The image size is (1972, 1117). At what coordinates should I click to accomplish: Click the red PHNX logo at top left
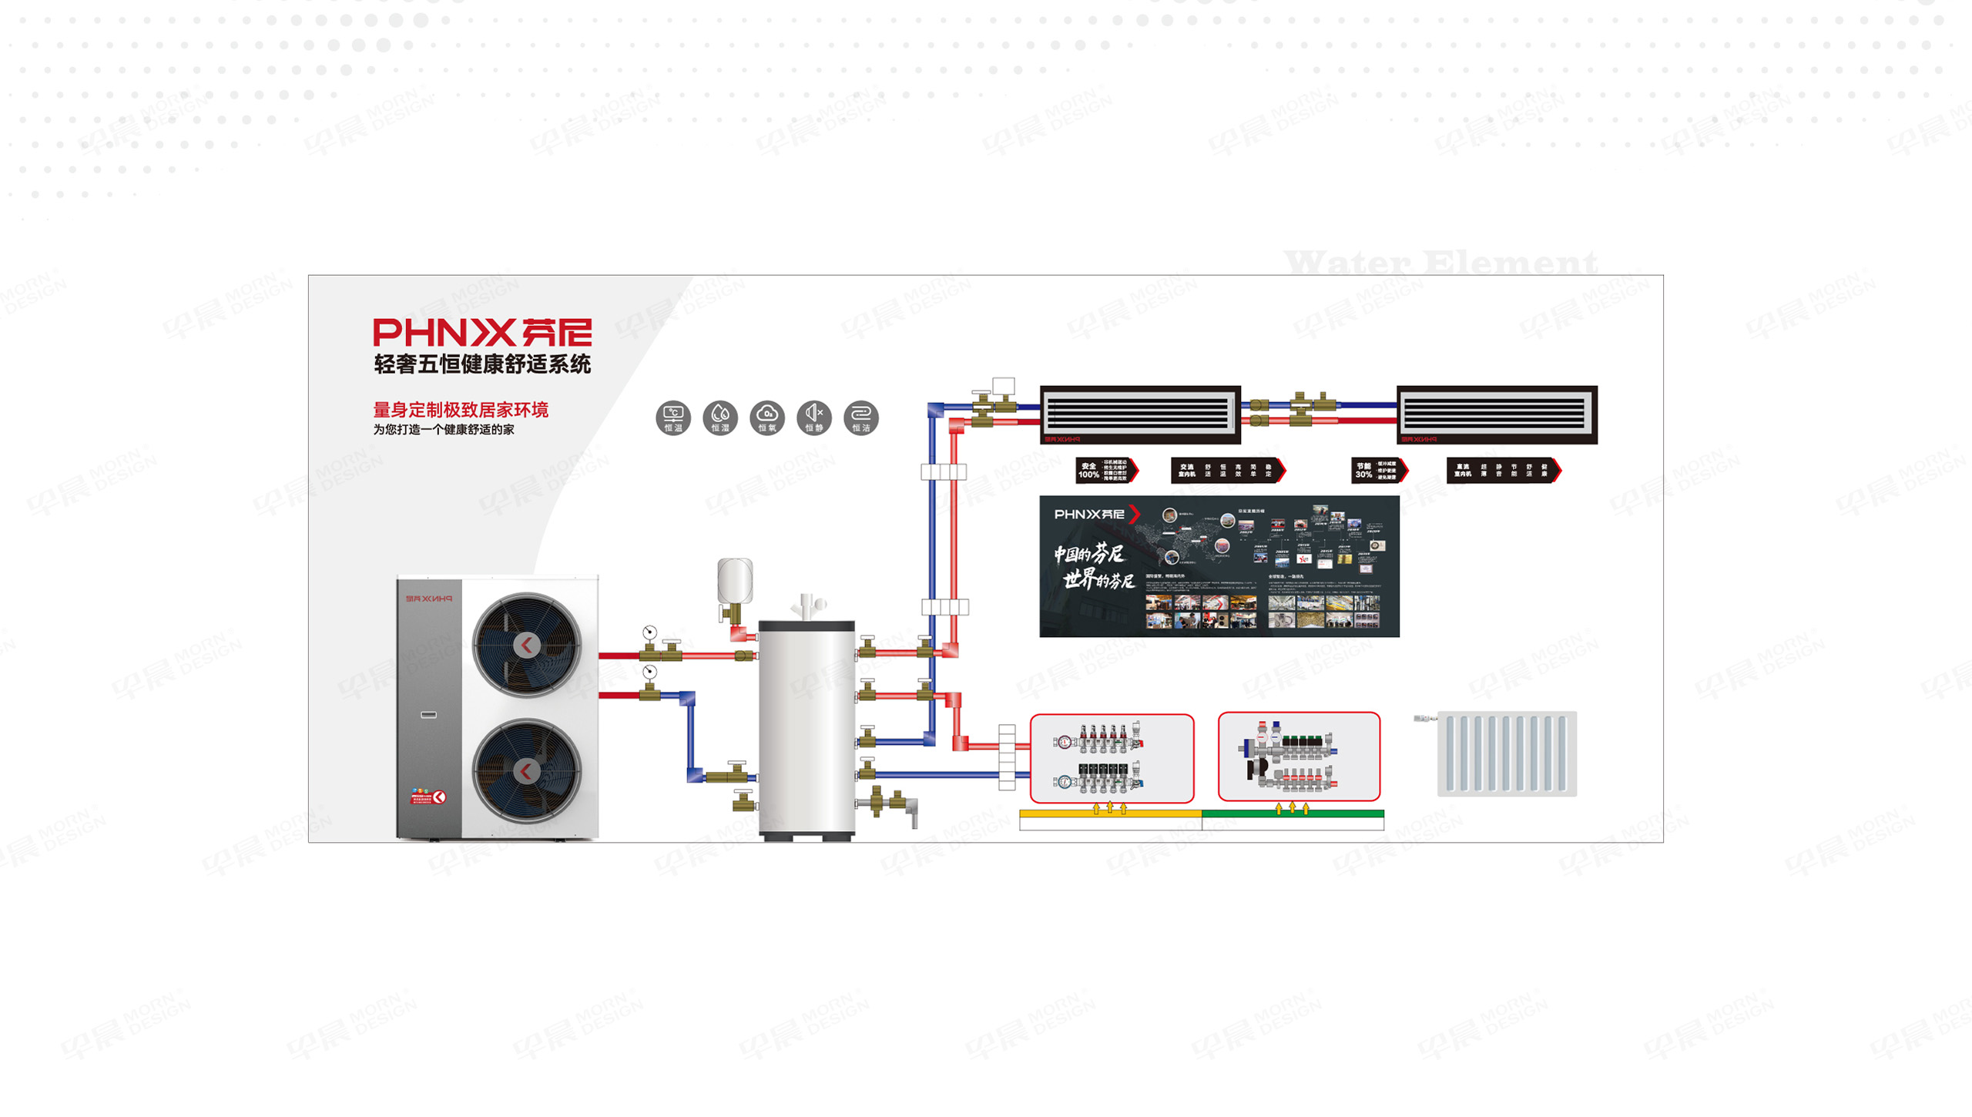coord(482,333)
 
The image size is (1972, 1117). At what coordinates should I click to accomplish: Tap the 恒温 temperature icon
coord(672,418)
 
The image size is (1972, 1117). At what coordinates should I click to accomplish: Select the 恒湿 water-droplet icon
coord(719,418)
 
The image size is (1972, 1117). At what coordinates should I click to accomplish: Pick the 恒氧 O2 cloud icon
coord(766,418)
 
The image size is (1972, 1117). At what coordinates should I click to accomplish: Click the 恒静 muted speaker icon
coord(813,418)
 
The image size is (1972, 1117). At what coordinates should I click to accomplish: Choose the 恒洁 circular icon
coord(860,418)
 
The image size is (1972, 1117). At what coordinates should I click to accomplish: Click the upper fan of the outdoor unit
coord(527,645)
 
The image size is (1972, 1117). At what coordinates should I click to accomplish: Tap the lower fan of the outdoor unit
coord(527,770)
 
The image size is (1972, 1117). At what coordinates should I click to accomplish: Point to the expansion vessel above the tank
coord(734,580)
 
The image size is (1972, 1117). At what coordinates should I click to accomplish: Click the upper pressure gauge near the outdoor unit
coord(649,632)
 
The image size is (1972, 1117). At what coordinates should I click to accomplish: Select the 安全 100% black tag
coord(1105,470)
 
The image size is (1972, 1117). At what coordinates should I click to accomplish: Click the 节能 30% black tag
coord(1378,470)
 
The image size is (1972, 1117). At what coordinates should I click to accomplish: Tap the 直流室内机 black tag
coord(1502,470)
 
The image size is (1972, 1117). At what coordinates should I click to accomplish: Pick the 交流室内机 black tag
coord(1227,470)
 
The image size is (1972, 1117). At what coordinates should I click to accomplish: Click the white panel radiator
coord(1506,753)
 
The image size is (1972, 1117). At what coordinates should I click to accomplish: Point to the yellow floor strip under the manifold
coord(1109,813)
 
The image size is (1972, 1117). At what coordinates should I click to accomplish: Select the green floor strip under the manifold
coord(1293,813)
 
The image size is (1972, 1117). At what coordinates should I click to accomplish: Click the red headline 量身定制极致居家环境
coord(461,410)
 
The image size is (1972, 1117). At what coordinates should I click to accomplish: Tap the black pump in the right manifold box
coord(1257,768)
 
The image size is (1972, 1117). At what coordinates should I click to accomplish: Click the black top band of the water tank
coord(807,626)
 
